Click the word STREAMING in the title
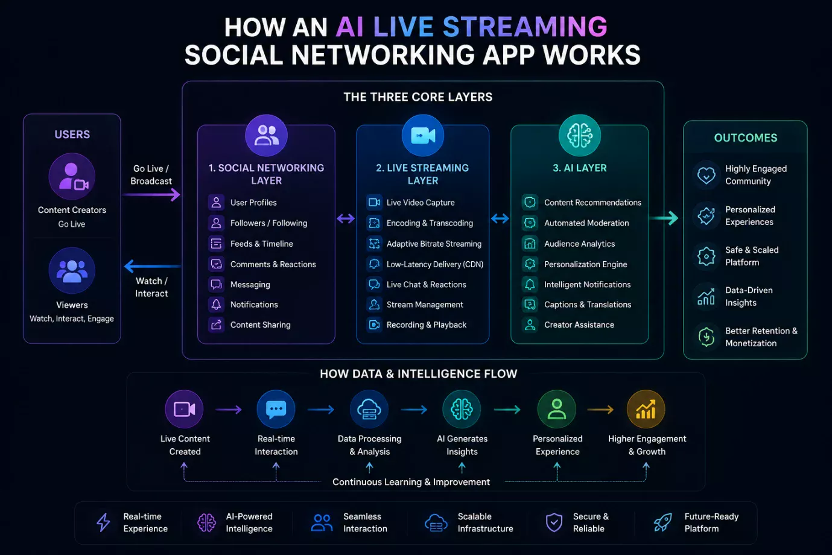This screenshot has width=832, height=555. click(x=525, y=27)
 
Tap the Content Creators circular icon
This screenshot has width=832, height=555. click(x=72, y=177)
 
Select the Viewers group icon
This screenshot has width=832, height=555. click(x=72, y=270)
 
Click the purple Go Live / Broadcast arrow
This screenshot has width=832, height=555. click(x=151, y=194)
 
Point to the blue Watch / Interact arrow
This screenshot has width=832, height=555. click(x=153, y=266)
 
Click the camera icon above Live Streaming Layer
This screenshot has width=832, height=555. click(x=423, y=135)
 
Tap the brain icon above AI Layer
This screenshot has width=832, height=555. click(x=579, y=135)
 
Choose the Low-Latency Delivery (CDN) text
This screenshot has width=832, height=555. click(x=435, y=264)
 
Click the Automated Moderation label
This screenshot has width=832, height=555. click(x=586, y=223)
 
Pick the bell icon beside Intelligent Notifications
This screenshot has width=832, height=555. click(x=530, y=285)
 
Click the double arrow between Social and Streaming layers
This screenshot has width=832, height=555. click(x=346, y=218)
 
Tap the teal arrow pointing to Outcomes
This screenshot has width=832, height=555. click(x=664, y=218)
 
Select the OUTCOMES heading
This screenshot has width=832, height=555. click(x=746, y=138)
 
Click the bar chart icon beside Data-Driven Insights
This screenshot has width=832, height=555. click(x=706, y=297)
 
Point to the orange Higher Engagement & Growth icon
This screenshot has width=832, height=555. click(x=646, y=409)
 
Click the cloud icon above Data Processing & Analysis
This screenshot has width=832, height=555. click(x=369, y=409)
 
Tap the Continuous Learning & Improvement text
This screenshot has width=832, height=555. click(x=411, y=482)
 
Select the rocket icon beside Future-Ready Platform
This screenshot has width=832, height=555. click(x=662, y=522)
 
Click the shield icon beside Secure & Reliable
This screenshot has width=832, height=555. click(x=554, y=522)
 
